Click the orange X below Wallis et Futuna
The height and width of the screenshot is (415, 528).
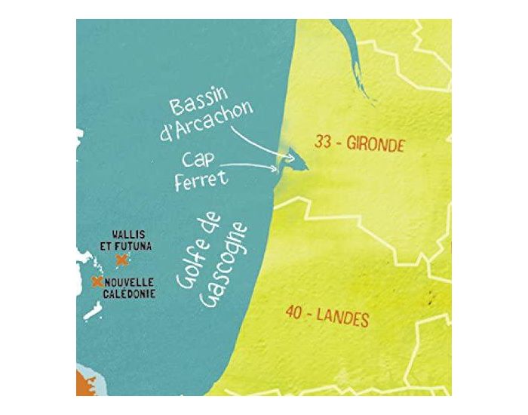pyautogui.click(x=121, y=260)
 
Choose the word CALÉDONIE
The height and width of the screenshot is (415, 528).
pyautogui.click(x=130, y=294)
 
